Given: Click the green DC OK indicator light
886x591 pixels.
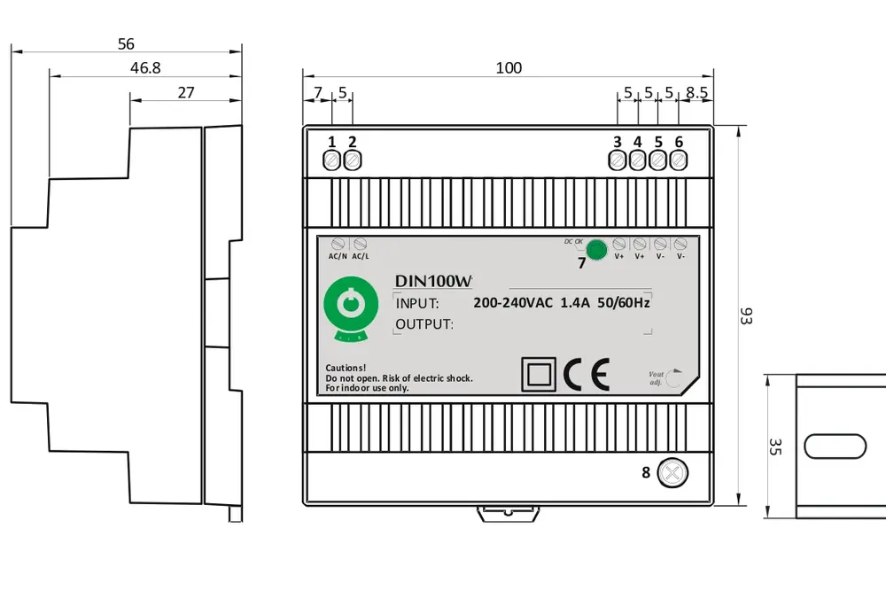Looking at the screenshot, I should (598, 249).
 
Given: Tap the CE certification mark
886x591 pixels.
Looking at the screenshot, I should (587, 375).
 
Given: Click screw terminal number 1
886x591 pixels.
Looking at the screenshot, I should (332, 160).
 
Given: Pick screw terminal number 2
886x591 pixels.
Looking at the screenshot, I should (352, 160).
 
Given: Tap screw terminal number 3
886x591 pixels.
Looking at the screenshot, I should (618, 160).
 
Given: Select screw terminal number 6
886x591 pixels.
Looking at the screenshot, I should (679, 160).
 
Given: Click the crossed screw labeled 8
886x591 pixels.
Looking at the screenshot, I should (673, 472).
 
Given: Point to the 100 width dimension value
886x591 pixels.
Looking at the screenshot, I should (509, 68).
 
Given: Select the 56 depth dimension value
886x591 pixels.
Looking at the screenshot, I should (126, 43).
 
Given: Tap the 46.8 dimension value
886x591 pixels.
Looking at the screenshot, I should (145, 68).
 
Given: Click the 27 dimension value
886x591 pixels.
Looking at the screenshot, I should (186, 92).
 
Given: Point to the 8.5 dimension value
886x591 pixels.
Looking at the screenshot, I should (696, 92).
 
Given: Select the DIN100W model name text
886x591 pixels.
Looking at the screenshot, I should (433, 281).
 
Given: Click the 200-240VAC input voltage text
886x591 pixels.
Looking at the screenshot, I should (513, 302).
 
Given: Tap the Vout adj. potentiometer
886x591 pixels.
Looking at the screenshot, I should (674, 378).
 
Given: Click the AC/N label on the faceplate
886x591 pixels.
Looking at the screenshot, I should (338, 257).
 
